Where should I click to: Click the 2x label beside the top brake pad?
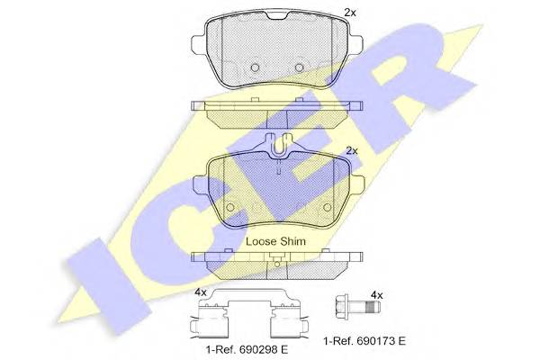(x=350, y=13)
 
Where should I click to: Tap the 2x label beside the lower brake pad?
(x=352, y=151)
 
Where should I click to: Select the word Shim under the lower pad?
(x=292, y=241)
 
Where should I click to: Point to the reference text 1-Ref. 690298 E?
(x=247, y=350)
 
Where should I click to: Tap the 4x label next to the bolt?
(x=377, y=295)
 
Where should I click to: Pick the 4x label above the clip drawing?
(x=201, y=292)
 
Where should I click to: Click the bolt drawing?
(x=356, y=306)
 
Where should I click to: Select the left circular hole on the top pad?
(x=255, y=67)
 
